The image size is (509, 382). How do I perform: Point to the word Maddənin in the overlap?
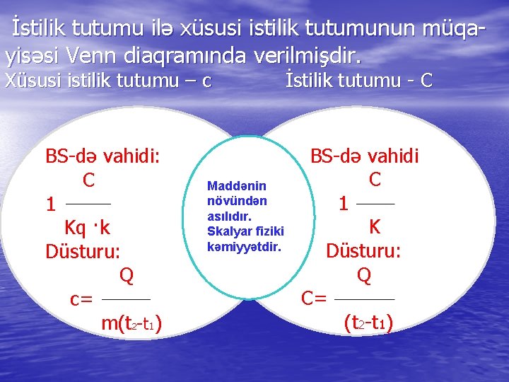[236, 185]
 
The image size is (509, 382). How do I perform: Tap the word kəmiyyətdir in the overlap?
[244, 247]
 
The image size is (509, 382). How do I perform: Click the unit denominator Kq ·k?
[87, 228]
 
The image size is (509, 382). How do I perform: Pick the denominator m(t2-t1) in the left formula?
[131, 324]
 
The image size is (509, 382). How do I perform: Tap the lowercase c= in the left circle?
[81, 299]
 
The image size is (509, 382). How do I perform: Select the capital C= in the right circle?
[314, 299]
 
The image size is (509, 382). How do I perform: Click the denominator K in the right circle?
[375, 226]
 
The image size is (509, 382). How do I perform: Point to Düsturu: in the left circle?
[83, 251]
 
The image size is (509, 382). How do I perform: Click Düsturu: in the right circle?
[363, 250]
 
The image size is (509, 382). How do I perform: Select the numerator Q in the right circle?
[364, 274]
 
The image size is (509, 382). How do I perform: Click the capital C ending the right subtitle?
[426, 81]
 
